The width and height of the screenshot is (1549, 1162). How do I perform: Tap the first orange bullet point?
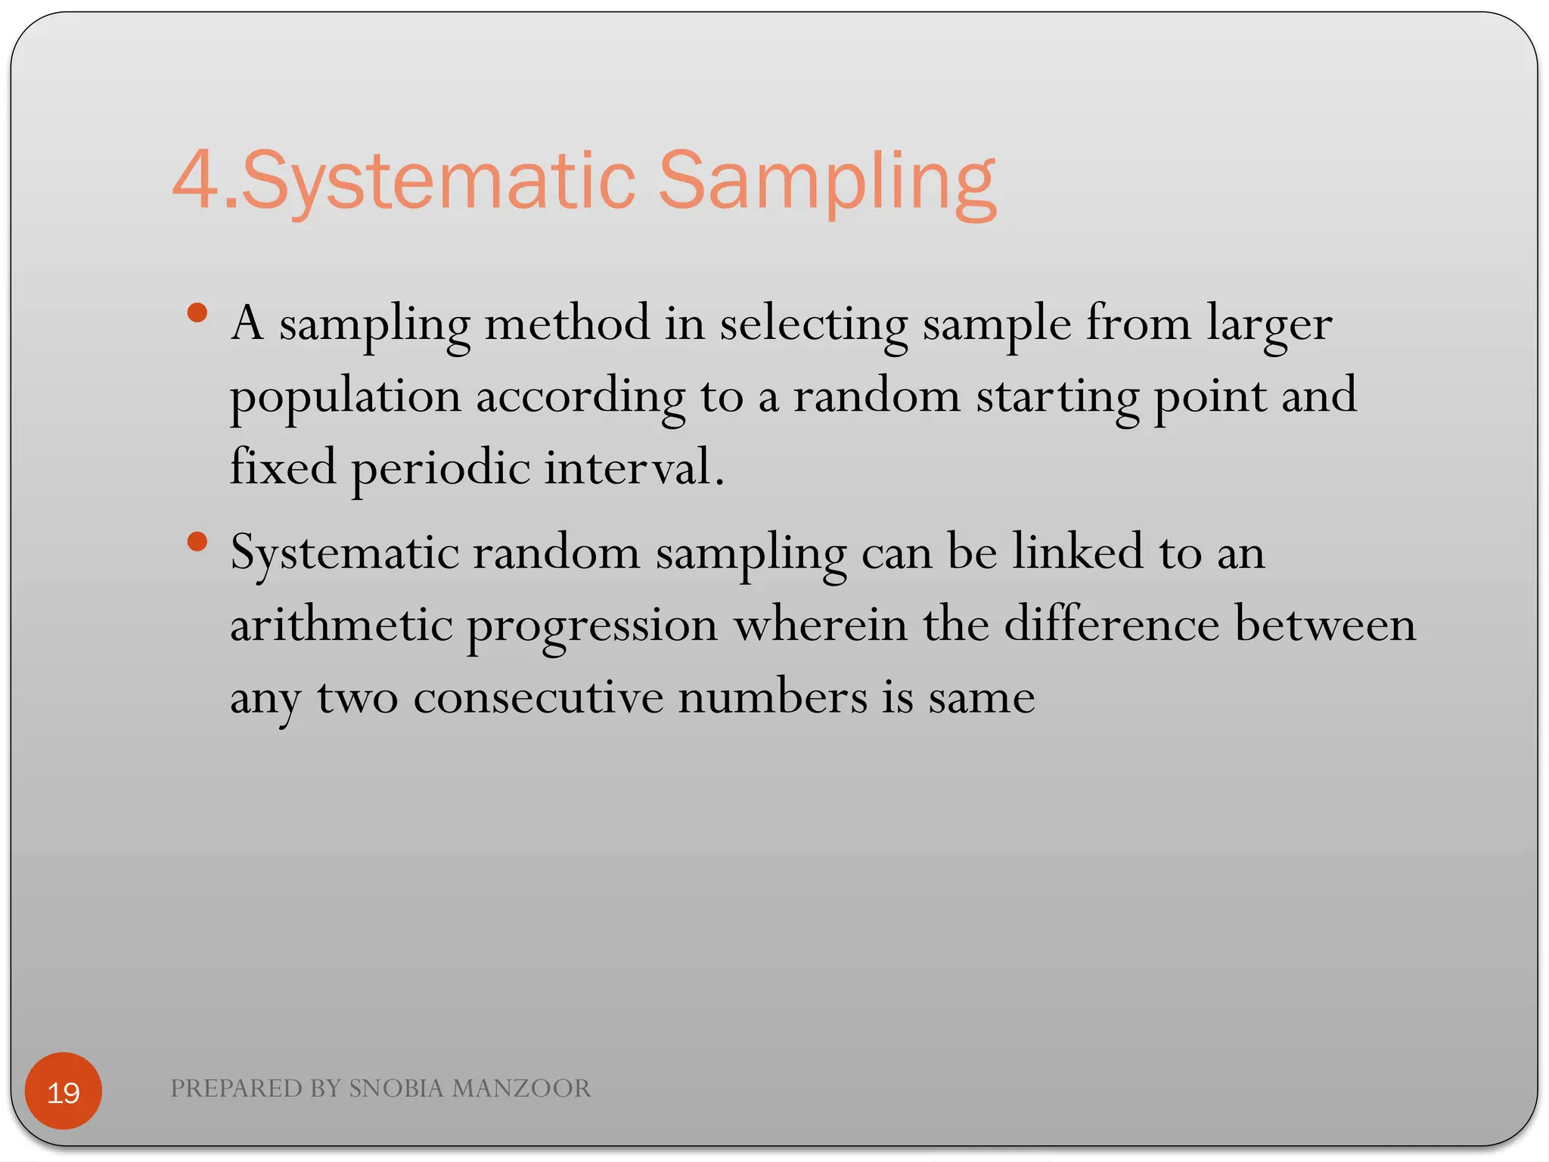[197, 313]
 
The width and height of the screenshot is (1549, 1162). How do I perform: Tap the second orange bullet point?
[197, 542]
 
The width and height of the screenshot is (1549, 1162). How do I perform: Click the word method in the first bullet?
[567, 323]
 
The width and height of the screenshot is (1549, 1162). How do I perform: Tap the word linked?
[1077, 551]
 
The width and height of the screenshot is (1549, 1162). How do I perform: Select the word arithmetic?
[341, 625]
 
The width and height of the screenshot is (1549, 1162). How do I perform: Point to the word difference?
[1111, 625]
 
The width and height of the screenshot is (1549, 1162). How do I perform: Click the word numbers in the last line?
[772, 697]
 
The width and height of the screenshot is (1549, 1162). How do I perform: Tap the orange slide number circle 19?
[64, 1091]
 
